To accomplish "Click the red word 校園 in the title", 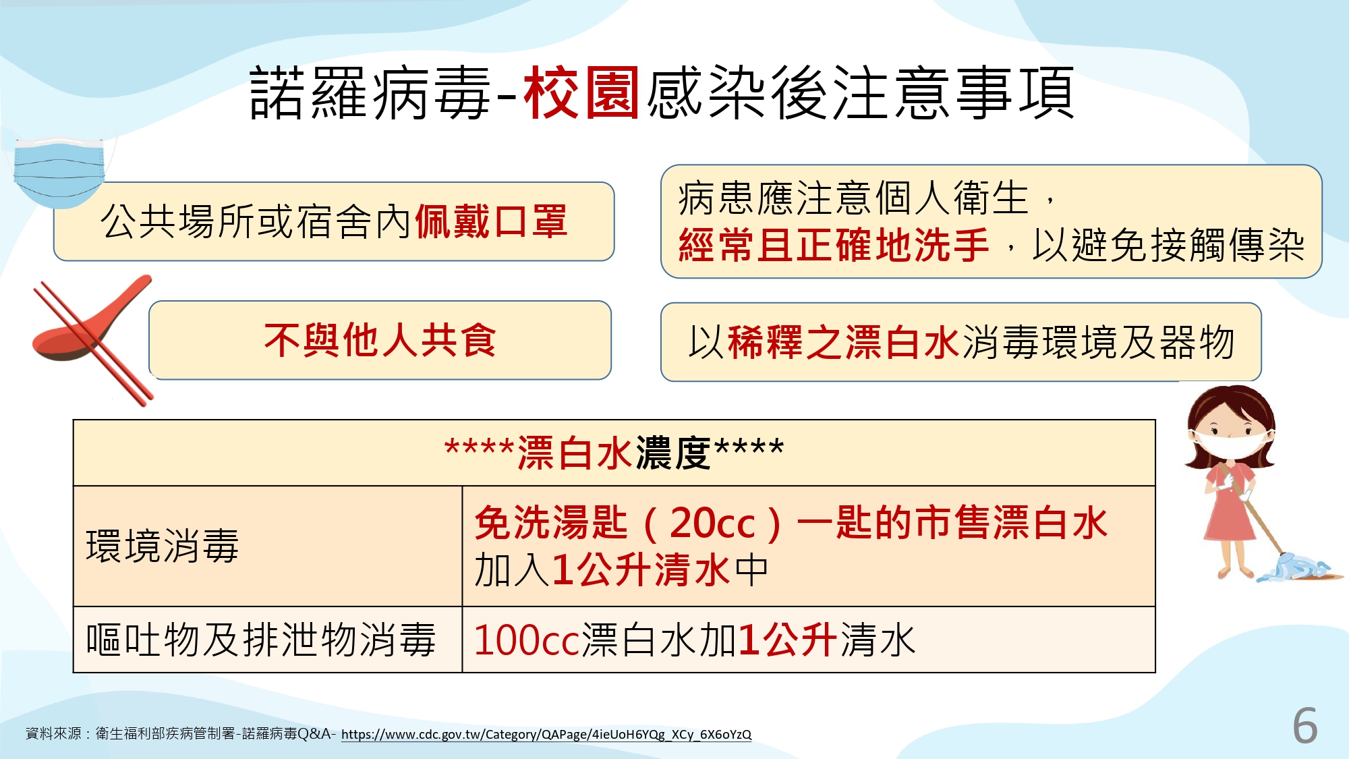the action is click(581, 92).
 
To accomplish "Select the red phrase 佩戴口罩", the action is click(491, 221).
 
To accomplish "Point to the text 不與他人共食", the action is click(380, 340).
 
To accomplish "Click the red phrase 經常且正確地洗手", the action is click(834, 244).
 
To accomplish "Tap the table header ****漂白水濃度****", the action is click(614, 452).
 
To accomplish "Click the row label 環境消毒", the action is click(163, 546).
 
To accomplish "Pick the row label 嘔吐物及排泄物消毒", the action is click(261, 640).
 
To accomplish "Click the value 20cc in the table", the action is click(712, 523).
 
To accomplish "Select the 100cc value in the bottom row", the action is click(527, 640).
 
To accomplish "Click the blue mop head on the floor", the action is click(1298, 568).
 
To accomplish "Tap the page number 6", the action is click(1305, 726).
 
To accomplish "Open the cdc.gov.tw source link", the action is click(546, 734).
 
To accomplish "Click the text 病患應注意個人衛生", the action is click(853, 198).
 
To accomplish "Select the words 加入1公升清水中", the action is click(621, 570).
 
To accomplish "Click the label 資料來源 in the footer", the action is click(53, 733).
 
